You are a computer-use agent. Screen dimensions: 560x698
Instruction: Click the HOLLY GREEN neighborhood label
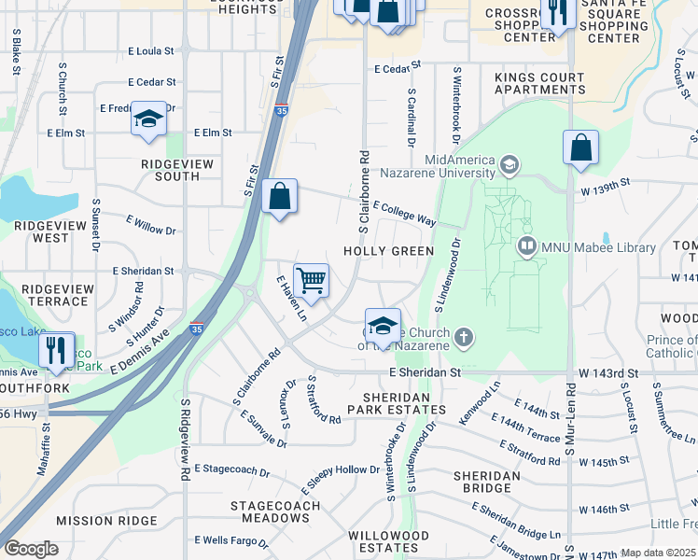click(x=388, y=251)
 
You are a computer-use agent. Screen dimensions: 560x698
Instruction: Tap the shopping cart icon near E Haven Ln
click(x=311, y=279)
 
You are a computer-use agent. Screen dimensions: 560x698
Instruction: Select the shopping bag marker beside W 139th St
click(x=580, y=147)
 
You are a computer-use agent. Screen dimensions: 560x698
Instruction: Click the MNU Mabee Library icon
click(x=526, y=247)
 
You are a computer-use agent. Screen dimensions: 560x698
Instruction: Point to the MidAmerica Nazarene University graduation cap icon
click(x=509, y=166)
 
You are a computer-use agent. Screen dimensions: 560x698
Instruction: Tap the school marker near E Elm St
click(x=148, y=119)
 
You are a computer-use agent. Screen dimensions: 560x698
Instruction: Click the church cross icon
click(x=464, y=335)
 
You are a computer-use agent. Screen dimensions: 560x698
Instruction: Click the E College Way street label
click(x=404, y=213)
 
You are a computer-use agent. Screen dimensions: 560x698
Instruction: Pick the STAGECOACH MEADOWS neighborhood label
click(x=275, y=512)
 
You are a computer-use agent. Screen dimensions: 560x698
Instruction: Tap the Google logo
click(x=31, y=549)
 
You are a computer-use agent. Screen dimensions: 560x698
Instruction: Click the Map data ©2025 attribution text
click(x=658, y=553)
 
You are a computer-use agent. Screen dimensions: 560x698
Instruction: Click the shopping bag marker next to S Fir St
click(x=279, y=197)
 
